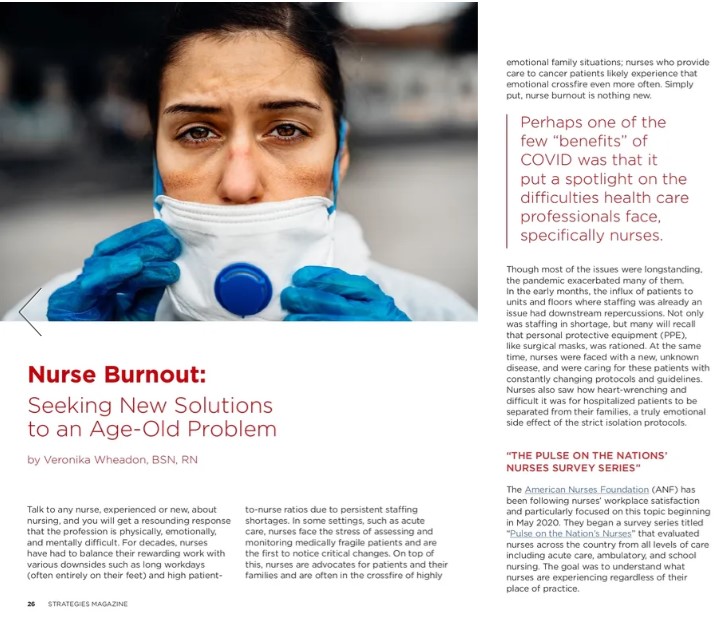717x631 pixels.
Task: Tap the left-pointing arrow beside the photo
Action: point(29,311)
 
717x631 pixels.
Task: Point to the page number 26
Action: point(32,603)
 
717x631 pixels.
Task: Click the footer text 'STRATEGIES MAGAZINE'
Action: point(88,603)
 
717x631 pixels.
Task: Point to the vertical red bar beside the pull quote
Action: point(508,180)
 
